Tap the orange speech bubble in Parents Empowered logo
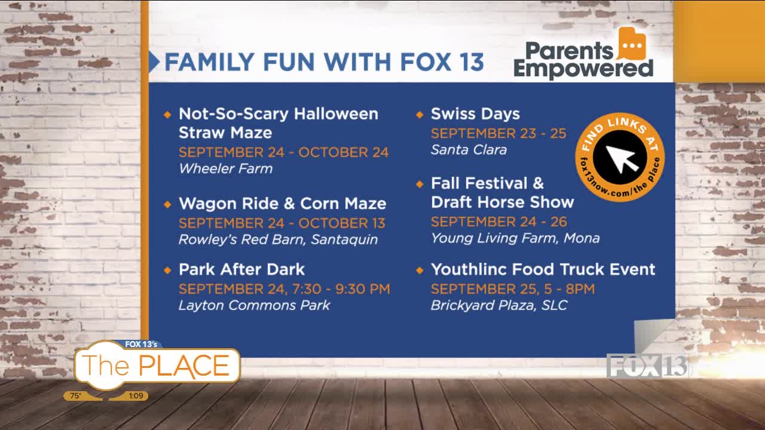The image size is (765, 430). [632, 44]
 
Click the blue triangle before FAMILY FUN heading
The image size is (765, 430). [154, 62]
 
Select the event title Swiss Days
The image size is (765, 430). [475, 114]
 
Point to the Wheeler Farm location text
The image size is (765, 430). [226, 168]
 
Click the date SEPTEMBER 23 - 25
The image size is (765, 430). [498, 133]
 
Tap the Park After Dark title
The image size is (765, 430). [241, 269]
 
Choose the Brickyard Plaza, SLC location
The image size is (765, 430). [499, 305]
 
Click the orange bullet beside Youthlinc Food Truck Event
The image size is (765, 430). [420, 271]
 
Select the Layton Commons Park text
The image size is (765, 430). [255, 305]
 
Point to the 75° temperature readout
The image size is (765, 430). [75, 395]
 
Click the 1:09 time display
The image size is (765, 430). [136, 395]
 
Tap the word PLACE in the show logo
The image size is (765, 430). [183, 366]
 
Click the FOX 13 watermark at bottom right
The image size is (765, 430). [647, 365]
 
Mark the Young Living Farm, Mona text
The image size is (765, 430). [515, 238]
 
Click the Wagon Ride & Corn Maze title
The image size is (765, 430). [283, 204]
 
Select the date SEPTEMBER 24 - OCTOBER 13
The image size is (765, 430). [281, 223]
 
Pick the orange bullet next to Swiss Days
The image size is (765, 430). [420, 115]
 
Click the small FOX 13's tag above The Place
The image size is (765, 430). [140, 344]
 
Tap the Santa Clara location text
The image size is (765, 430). [469, 150]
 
